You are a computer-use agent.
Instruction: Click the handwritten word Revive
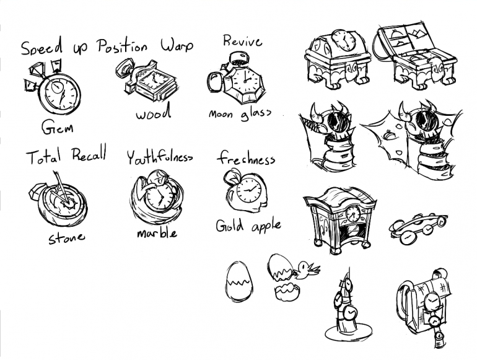[x=242, y=41]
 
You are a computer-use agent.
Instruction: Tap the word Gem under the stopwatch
[x=57, y=127]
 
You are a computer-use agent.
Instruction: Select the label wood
[x=154, y=113]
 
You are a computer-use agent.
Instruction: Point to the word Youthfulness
[x=159, y=157]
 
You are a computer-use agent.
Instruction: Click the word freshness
[x=246, y=158]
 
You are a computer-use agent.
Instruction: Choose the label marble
[x=157, y=232]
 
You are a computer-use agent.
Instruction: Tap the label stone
[x=67, y=238]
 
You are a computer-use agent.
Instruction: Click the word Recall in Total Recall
[x=89, y=154]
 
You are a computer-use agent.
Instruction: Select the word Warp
[x=177, y=46]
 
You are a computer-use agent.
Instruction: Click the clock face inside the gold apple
[x=249, y=190]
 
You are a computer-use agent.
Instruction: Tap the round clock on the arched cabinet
[x=353, y=214]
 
